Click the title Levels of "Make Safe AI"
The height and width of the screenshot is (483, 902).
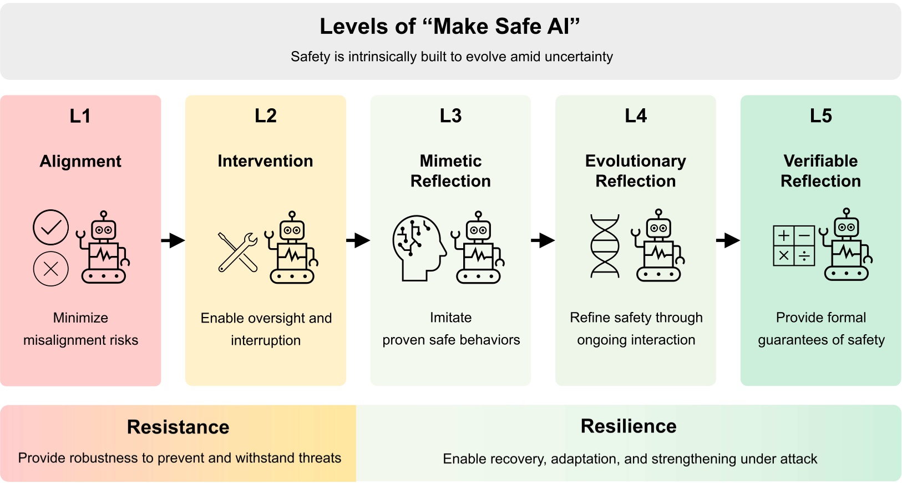click(x=450, y=27)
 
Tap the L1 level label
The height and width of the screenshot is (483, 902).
click(x=80, y=116)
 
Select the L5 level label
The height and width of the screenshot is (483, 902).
click(x=820, y=116)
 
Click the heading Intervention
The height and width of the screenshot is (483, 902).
click(x=265, y=161)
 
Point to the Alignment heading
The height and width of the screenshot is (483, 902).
click(x=80, y=161)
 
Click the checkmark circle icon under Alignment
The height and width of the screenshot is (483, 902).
click(x=50, y=227)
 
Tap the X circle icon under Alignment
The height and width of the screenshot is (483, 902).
click(x=50, y=269)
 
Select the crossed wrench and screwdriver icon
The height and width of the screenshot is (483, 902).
click(x=238, y=252)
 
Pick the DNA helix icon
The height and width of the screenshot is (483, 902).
click(x=605, y=246)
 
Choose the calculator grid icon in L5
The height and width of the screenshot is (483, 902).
click(x=794, y=245)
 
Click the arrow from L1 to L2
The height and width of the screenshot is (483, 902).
click(x=173, y=240)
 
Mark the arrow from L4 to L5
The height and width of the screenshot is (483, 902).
click(x=728, y=240)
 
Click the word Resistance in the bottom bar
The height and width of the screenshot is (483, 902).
click(x=178, y=427)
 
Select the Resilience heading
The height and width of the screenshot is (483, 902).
click(x=629, y=426)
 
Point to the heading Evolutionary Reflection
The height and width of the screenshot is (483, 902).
click(x=636, y=171)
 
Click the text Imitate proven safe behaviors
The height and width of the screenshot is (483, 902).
click(x=451, y=329)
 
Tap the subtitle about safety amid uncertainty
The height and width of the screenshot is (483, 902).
click(x=452, y=57)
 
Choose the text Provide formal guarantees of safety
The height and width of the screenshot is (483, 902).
click(x=821, y=329)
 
